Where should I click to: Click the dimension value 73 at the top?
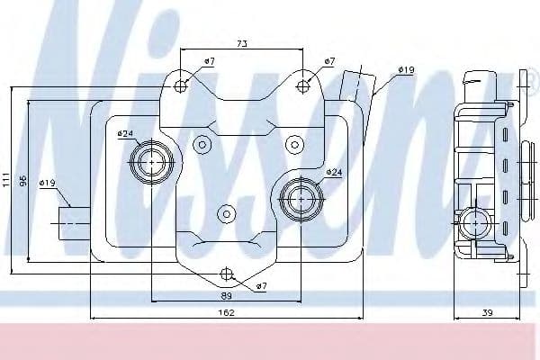(242, 44)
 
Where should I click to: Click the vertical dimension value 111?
(6, 180)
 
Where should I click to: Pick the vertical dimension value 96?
(22, 181)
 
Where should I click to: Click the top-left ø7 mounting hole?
(181, 86)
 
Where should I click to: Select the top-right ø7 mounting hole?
(302, 86)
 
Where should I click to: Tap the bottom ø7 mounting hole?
(226, 274)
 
